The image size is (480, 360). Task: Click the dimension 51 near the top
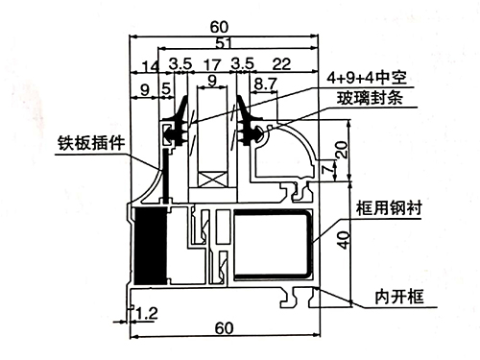click(x=224, y=43)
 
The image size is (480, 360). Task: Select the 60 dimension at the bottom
click(x=224, y=328)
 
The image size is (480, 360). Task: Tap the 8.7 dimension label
click(x=263, y=85)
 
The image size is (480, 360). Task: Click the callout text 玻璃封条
click(x=365, y=97)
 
